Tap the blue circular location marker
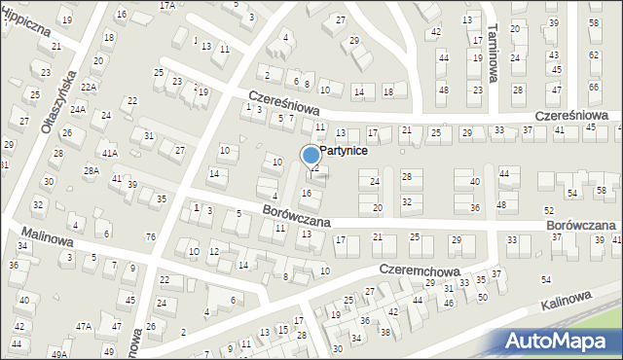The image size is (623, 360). tap(311, 155)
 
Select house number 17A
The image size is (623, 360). tap(167, 5)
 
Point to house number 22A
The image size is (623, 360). tap(89, 87)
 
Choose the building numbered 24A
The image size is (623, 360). tap(78, 110)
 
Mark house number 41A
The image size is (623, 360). tap(109, 154)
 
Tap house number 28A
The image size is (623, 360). tap(91, 170)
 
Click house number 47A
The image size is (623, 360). tap(85, 326)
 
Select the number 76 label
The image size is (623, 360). tap(150, 236)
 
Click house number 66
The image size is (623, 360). tap(594, 88)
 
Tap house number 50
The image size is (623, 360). tap(482, 296)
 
